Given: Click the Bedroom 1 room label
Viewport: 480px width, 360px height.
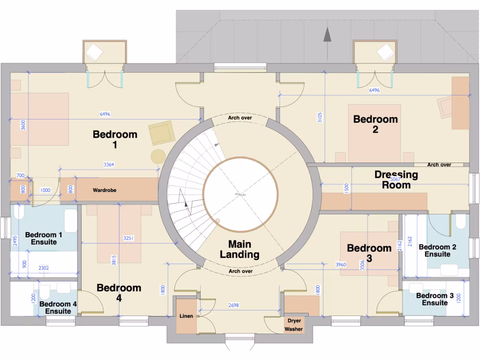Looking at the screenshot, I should pyautogui.click(x=115, y=140).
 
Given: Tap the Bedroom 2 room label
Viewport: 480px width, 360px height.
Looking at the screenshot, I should pyautogui.click(x=375, y=124).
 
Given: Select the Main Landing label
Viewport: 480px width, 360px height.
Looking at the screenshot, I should pyautogui.click(x=240, y=249).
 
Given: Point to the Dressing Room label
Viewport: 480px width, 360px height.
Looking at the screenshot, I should pyautogui.click(x=396, y=180).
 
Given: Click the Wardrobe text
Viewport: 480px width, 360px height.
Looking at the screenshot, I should pyautogui.click(x=105, y=190).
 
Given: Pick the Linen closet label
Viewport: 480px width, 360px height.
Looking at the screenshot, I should pyautogui.click(x=186, y=316).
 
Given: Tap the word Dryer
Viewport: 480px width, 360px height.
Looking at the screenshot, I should pyautogui.click(x=294, y=321).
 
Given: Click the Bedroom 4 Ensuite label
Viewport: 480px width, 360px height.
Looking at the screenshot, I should pyautogui.click(x=58, y=307).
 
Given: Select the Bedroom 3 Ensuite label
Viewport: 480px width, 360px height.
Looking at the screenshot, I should pyautogui.click(x=435, y=299).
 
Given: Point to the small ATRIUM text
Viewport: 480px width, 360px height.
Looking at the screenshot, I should pyautogui.click(x=240, y=194).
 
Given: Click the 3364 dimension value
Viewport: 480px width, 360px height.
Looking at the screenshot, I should pyautogui.click(x=109, y=165).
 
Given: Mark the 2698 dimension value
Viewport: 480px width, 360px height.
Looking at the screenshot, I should pyautogui.click(x=233, y=305).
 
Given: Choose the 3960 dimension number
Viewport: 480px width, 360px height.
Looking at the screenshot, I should pyautogui.click(x=341, y=265).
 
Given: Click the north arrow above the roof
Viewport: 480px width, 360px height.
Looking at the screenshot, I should pyautogui.click(x=327, y=35).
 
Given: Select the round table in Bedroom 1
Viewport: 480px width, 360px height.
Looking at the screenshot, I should pyautogui.click(x=158, y=156).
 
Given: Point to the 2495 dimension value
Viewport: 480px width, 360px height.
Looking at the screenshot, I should pyautogui.click(x=15, y=241).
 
